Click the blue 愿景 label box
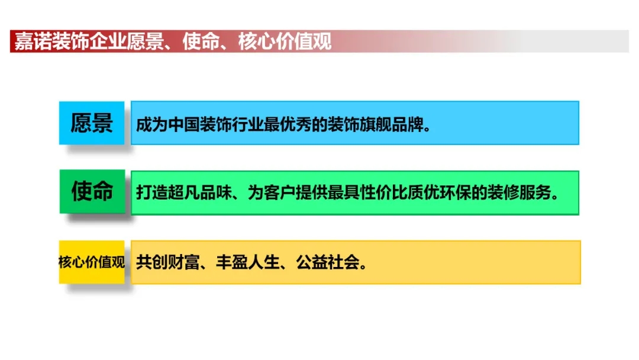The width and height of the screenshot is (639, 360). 92,123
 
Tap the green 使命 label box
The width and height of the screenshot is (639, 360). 92,191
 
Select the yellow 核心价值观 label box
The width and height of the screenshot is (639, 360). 92,262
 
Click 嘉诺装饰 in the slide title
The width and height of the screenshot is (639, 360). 51,41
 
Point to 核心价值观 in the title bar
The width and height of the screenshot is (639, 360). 285,41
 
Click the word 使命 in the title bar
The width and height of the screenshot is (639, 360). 201,41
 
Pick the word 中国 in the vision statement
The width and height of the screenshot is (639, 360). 183,124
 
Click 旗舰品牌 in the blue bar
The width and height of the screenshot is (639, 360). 391,124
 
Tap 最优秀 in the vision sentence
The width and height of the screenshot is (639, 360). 288,124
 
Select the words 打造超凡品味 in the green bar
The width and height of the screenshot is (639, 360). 183,192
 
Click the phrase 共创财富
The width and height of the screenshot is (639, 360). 167,262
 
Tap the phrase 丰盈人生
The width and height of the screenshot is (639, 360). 247,262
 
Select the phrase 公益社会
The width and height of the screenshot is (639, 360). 327,262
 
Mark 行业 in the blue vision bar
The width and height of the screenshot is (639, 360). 247,124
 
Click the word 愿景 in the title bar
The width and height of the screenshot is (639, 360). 145,41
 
